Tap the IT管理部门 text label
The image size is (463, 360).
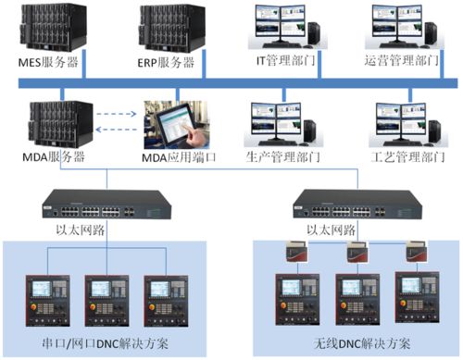click(286, 62)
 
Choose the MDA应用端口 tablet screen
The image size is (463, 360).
click(175, 124)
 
